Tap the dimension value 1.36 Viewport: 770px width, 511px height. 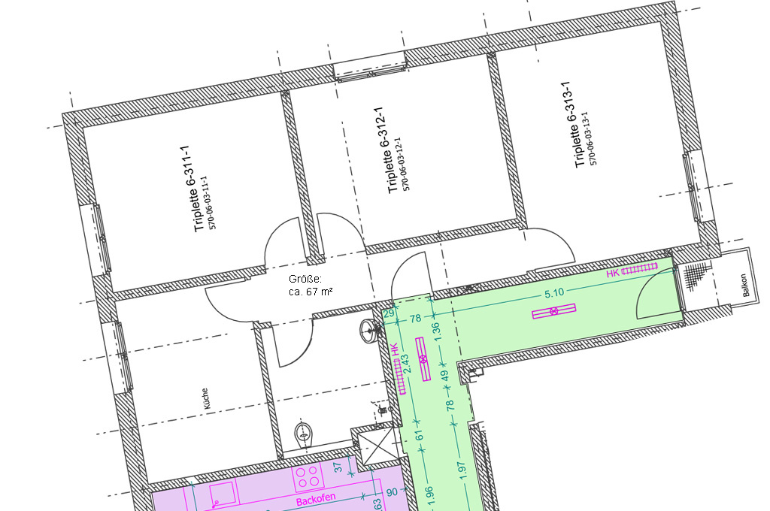[x=437, y=331]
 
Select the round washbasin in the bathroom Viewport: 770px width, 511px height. [x=368, y=331]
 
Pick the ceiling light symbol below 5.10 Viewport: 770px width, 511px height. [x=554, y=310]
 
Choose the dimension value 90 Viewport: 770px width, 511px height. [x=391, y=492]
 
